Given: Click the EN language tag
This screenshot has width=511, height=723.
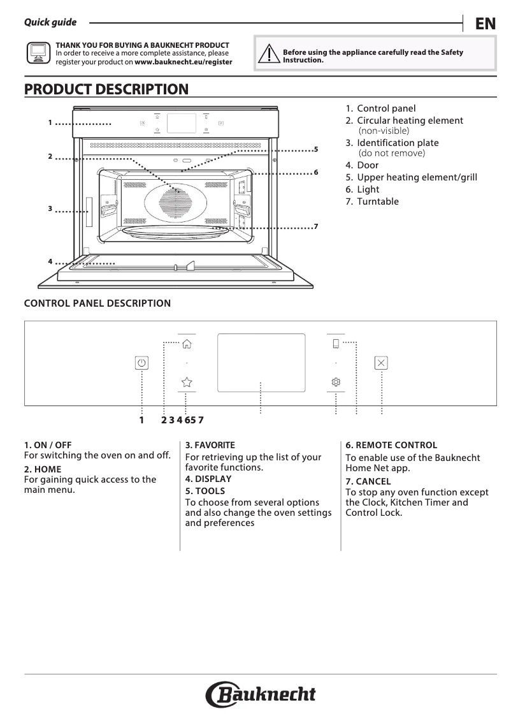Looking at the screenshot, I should point(485,24).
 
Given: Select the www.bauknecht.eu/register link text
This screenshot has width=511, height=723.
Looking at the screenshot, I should point(184,62).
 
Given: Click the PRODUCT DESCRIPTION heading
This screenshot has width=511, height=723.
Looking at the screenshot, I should point(106,89).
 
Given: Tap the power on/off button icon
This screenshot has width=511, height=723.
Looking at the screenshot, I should point(141,363).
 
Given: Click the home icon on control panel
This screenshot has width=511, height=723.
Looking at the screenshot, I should point(186,344).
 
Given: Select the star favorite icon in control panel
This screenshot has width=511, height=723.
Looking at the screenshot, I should point(186,382).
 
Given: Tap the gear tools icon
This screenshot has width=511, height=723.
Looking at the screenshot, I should point(336,382).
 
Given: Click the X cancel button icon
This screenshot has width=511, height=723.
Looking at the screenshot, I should point(381,363).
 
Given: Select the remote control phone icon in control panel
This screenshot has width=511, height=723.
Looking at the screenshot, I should point(336,344).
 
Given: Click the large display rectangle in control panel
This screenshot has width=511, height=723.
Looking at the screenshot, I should point(261,363).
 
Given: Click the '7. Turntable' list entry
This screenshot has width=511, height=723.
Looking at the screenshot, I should point(372,201).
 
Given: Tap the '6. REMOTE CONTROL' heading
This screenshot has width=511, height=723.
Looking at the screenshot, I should point(391,445).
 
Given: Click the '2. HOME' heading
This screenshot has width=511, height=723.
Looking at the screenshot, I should point(43,469).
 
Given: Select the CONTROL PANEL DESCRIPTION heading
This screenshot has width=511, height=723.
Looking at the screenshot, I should point(97,303).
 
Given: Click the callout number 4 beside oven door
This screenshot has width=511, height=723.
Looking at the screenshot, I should point(50,262).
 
